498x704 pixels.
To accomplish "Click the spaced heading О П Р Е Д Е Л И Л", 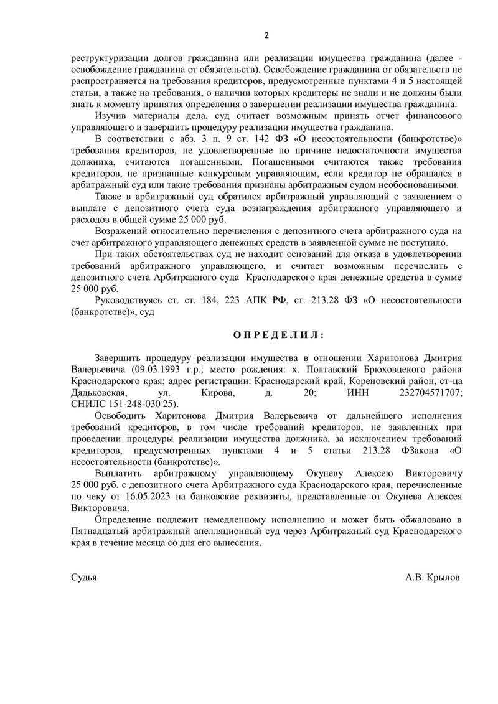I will tap(278, 335).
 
